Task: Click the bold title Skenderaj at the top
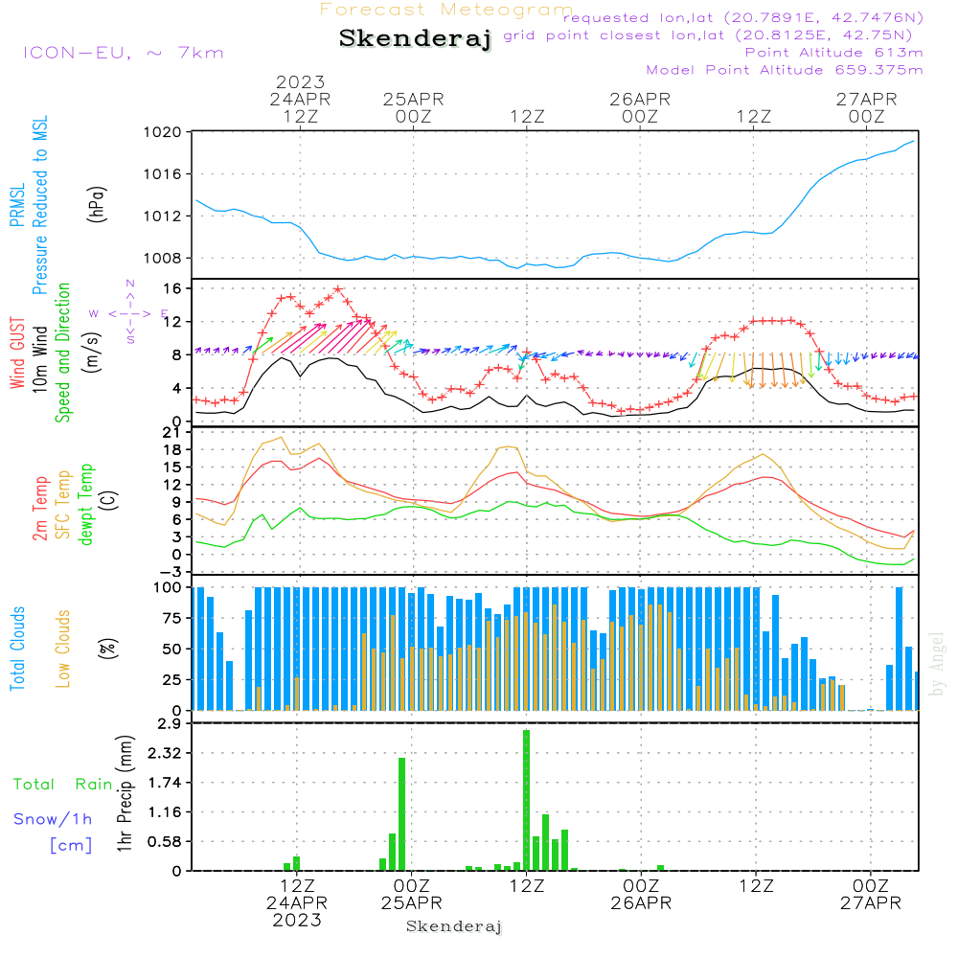[x=416, y=38]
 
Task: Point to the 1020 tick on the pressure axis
[x=163, y=132]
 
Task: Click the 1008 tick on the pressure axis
[x=163, y=259]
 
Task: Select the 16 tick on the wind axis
[x=172, y=288]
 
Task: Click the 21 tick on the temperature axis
[x=171, y=433]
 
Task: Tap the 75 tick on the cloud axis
[x=171, y=618]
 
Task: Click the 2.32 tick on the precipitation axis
[x=165, y=753]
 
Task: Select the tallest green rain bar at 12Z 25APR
[x=527, y=800]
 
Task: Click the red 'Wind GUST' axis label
[x=17, y=354]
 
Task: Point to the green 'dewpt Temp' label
[x=85, y=504]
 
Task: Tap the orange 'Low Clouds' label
[x=62, y=649]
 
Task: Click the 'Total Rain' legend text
[x=63, y=785]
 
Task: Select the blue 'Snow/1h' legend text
[x=53, y=819]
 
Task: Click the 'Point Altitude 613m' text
[x=834, y=53]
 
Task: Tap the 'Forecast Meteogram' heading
[x=446, y=10]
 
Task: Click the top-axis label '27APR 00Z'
[x=866, y=107]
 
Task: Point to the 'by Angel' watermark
[x=936, y=664]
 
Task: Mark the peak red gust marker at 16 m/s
[x=338, y=289]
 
